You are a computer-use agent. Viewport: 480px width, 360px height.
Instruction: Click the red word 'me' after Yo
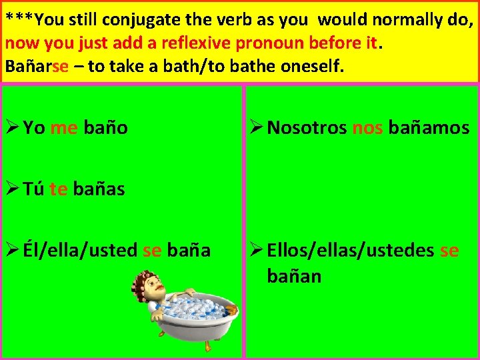coord(64,128)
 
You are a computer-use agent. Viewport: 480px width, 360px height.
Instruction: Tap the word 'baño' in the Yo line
coord(106,128)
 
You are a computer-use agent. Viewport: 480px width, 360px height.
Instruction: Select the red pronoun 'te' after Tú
coord(59,189)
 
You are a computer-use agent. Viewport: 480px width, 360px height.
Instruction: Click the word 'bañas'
coord(99,189)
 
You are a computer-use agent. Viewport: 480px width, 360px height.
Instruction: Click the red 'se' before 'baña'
coord(153,251)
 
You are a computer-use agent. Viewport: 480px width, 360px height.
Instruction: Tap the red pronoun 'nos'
coord(367,128)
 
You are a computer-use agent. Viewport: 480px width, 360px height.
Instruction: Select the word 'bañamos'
coord(429,128)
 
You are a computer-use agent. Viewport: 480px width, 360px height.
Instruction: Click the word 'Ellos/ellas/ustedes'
coord(351,251)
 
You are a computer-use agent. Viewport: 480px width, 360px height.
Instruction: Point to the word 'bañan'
coord(294,275)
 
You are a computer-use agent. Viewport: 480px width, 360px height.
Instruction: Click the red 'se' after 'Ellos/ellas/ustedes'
coord(449,251)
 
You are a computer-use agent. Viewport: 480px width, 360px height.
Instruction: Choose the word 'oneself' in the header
coord(310,67)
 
